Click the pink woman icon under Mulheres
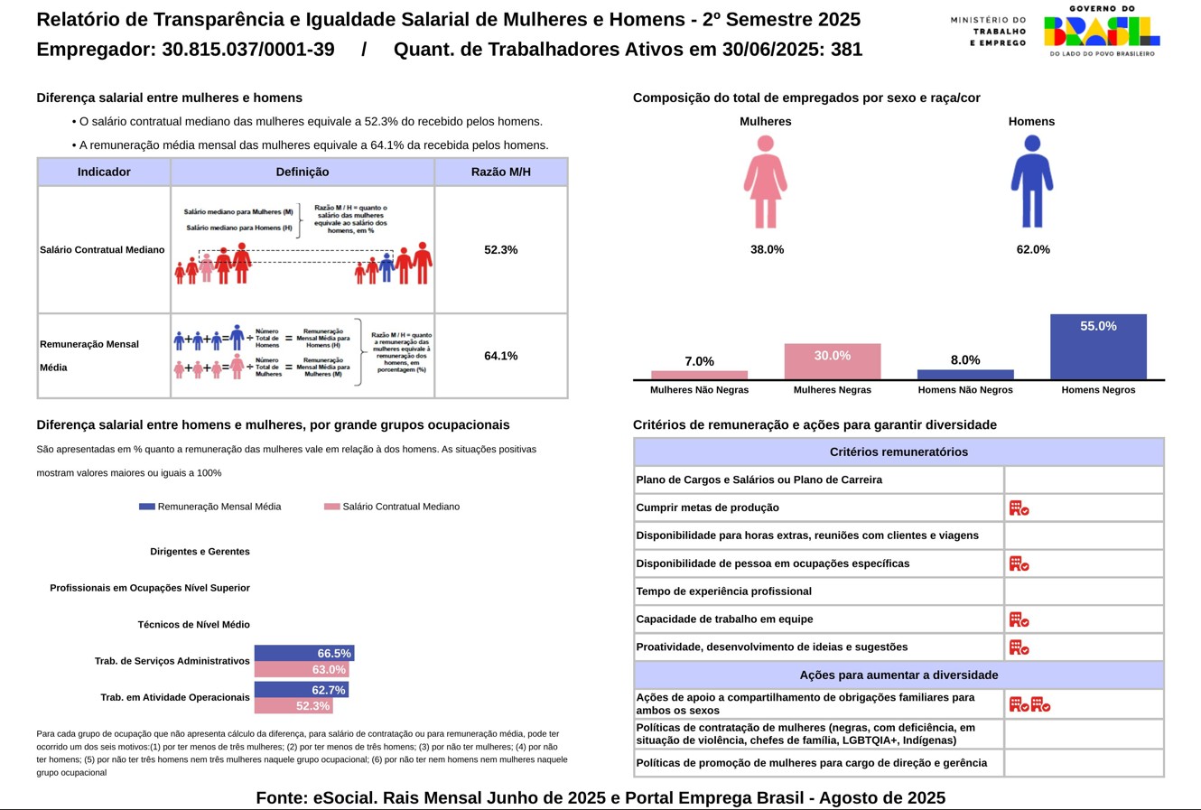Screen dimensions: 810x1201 coord(765,182)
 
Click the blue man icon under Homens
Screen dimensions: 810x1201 coord(1032,182)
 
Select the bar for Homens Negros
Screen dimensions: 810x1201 coord(1098,347)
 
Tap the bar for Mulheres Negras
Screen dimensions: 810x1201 coord(832,362)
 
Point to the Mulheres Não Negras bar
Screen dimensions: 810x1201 coord(699,375)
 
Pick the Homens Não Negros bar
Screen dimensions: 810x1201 coord(965,374)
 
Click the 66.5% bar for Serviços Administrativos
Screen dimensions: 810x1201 coord(303,653)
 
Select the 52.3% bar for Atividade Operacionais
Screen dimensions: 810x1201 coord(293,706)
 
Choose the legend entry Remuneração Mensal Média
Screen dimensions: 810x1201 coord(209,507)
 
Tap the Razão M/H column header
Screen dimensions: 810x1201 coord(500,172)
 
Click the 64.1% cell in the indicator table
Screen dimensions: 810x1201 coord(500,356)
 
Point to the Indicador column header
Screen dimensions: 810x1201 coord(104,172)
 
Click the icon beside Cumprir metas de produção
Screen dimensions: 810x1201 coord(1019,508)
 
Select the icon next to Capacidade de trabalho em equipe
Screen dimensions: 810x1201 coord(1019,619)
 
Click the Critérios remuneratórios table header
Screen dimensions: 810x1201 coord(898,452)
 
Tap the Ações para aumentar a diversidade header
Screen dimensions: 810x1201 coord(898,675)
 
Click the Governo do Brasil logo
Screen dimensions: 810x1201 coord(1101,31)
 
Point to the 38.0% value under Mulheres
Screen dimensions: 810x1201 coord(767,249)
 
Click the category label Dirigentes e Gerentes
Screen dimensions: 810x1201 coord(200,552)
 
